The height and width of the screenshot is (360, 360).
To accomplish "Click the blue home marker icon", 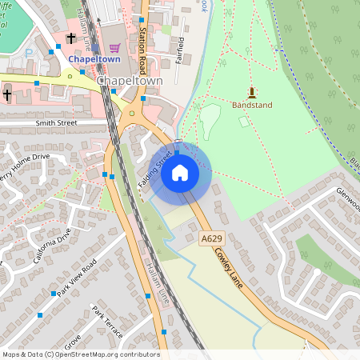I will coord(180,172).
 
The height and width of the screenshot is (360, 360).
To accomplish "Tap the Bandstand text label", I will coord(252,105).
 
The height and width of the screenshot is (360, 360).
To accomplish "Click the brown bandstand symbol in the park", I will coord(252,92).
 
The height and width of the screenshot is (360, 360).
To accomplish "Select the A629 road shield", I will coord(211,238).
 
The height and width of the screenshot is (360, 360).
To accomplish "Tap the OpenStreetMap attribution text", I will coord(81,354).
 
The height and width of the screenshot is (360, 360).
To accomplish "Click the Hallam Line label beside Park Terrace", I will coord(159,289).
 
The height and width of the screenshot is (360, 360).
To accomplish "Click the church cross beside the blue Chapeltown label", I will coord(70,38).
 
